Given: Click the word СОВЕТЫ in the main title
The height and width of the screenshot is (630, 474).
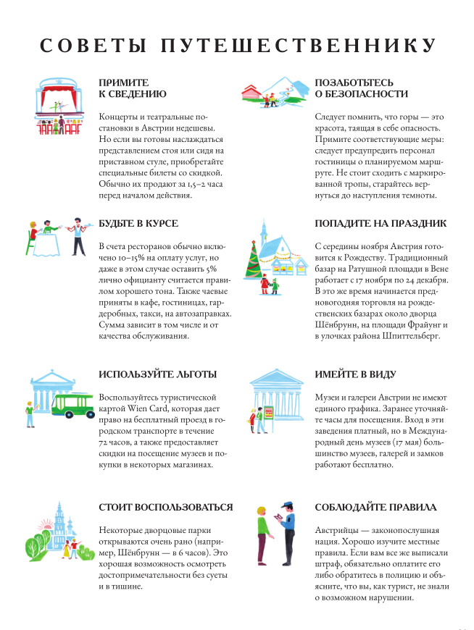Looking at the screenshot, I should coord(92,45).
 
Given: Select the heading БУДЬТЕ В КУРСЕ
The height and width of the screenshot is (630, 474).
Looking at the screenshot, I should coord(138,224).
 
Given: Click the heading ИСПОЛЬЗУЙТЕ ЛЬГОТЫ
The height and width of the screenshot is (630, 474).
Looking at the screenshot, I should coord(157,374).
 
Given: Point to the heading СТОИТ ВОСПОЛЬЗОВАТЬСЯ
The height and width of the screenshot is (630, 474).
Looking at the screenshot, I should coord(166,507).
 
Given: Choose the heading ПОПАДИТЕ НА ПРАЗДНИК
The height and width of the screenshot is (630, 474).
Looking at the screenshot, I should coord(381,224).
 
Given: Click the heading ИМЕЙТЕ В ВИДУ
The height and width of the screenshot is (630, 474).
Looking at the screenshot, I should coord(355,374).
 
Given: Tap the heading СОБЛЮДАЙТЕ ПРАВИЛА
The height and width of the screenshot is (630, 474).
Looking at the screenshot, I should coord(375,507).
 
